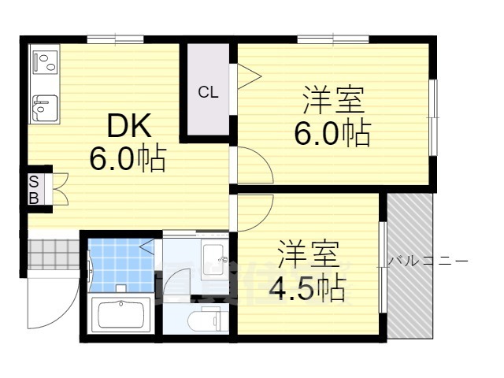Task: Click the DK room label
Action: [129, 126]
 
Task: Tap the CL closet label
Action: [208, 93]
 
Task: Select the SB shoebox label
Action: [34, 190]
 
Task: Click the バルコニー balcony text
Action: [428, 261]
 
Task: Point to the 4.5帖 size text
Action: [307, 288]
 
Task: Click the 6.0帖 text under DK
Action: [128, 159]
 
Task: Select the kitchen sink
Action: [46, 108]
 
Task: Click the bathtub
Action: [120, 315]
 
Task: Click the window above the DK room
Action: [116, 39]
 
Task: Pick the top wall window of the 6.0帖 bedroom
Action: [333, 39]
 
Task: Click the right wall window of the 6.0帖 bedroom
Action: [433, 117]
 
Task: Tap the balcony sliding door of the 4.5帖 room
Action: [383, 267]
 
